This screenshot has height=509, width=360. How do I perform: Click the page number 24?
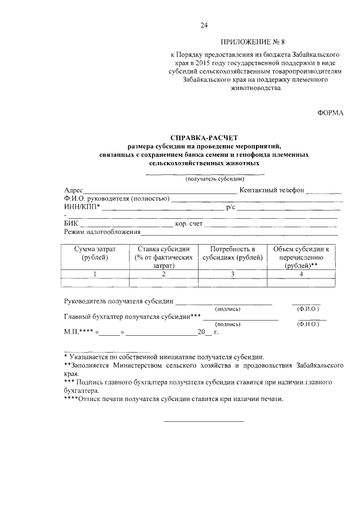(204, 25)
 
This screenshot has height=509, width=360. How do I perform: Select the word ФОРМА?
(330, 113)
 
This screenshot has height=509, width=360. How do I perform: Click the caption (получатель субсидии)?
(210, 178)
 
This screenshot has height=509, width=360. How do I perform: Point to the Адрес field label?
(74, 190)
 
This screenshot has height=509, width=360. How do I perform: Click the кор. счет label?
(188, 223)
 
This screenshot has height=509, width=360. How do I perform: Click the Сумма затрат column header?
(95, 253)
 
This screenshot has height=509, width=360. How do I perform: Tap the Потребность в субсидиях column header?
(232, 253)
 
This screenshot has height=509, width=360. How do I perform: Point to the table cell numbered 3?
(232, 274)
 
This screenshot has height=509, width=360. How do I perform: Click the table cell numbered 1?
(95, 274)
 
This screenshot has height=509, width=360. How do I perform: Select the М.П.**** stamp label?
(79, 332)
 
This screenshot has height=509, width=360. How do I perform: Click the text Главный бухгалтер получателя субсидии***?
(133, 317)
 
